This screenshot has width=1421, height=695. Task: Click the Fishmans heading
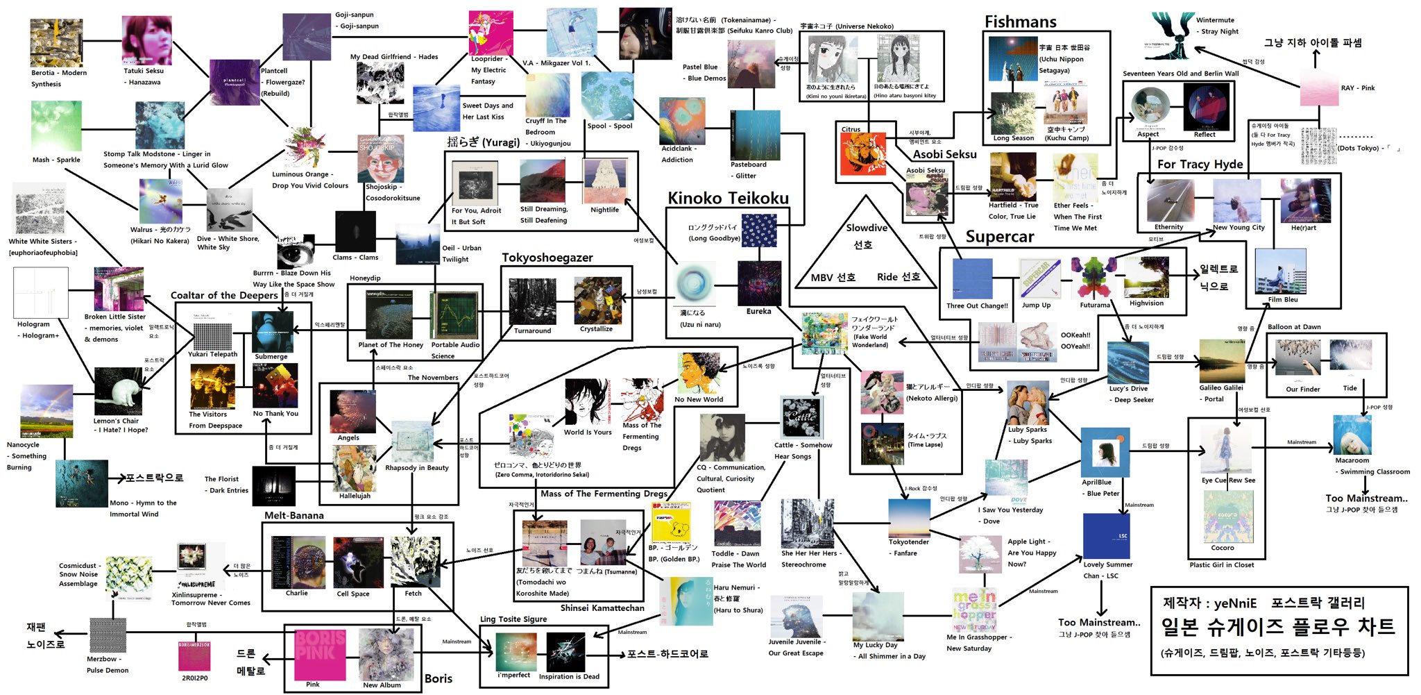click(x=1020, y=22)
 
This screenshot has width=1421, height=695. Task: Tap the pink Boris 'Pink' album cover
click(x=320, y=654)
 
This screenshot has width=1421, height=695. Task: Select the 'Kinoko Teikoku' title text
click(x=728, y=199)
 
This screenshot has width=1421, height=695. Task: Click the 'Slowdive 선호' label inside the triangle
click(x=866, y=236)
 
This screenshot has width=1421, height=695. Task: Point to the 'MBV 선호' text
click(x=833, y=278)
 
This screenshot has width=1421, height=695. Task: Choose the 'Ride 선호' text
click(x=899, y=277)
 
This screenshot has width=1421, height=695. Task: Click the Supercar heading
click(x=999, y=237)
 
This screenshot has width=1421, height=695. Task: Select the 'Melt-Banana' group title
click(x=293, y=516)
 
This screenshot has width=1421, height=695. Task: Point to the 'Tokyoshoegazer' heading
click(x=547, y=258)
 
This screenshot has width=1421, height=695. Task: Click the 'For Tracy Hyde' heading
click(x=1200, y=165)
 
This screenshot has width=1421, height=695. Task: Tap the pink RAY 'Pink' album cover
click(x=1318, y=87)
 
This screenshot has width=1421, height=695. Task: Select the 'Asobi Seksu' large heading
click(x=944, y=154)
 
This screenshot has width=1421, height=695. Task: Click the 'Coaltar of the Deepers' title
click(x=224, y=295)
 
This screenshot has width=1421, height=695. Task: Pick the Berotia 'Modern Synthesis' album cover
click(x=56, y=43)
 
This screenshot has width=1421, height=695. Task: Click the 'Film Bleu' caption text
click(x=1282, y=300)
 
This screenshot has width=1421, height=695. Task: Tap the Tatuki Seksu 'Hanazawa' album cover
click(x=146, y=40)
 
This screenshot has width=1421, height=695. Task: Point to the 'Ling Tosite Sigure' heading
click(x=513, y=619)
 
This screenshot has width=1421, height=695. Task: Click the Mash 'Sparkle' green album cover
click(x=56, y=126)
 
